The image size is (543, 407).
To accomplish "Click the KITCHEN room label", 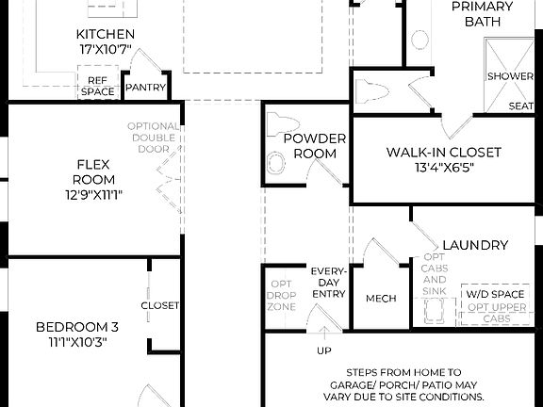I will pyautogui.click(x=105, y=35).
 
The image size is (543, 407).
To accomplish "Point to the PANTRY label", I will pyautogui.click(x=146, y=89).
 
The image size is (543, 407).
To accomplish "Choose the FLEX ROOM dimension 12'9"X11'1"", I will pyautogui.click(x=94, y=195).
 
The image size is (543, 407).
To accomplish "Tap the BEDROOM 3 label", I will pyautogui.click(x=77, y=327).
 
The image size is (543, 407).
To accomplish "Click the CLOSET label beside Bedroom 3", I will pyautogui.click(x=160, y=305).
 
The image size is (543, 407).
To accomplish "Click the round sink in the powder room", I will pyautogui.click(x=276, y=163).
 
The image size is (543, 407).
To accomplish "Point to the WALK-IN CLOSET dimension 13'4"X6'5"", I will pyautogui.click(x=443, y=168).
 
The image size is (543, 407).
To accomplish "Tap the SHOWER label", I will pyautogui.click(x=510, y=75).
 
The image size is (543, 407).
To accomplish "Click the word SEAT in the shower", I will pyautogui.click(x=521, y=106).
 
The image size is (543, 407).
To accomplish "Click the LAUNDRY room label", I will pyautogui.click(x=475, y=245).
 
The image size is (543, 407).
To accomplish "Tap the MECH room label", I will pyautogui.click(x=381, y=299).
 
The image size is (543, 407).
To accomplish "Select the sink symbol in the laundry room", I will pyautogui.click(x=436, y=310).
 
